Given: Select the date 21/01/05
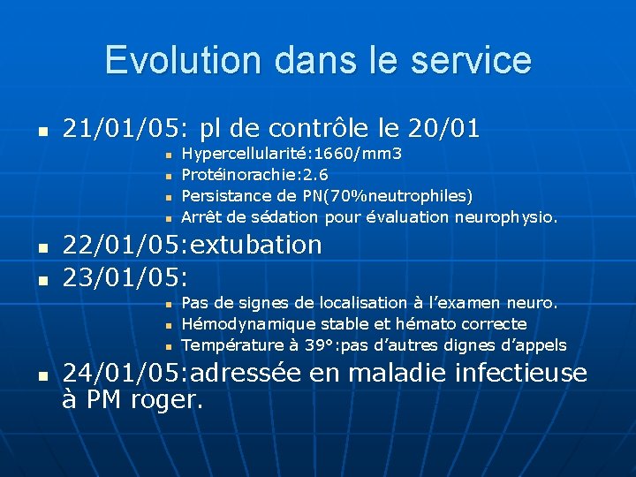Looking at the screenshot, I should tap(120, 128).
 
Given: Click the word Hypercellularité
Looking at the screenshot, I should tap(234, 155).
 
